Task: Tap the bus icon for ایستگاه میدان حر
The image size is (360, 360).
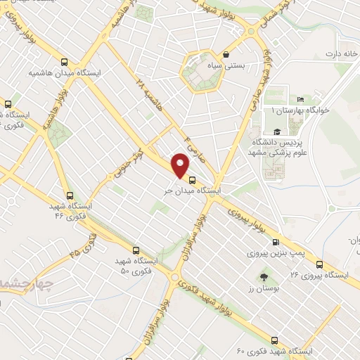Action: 193,179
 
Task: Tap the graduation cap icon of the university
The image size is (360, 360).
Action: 276,131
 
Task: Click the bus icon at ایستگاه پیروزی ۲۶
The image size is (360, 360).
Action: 319,264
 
